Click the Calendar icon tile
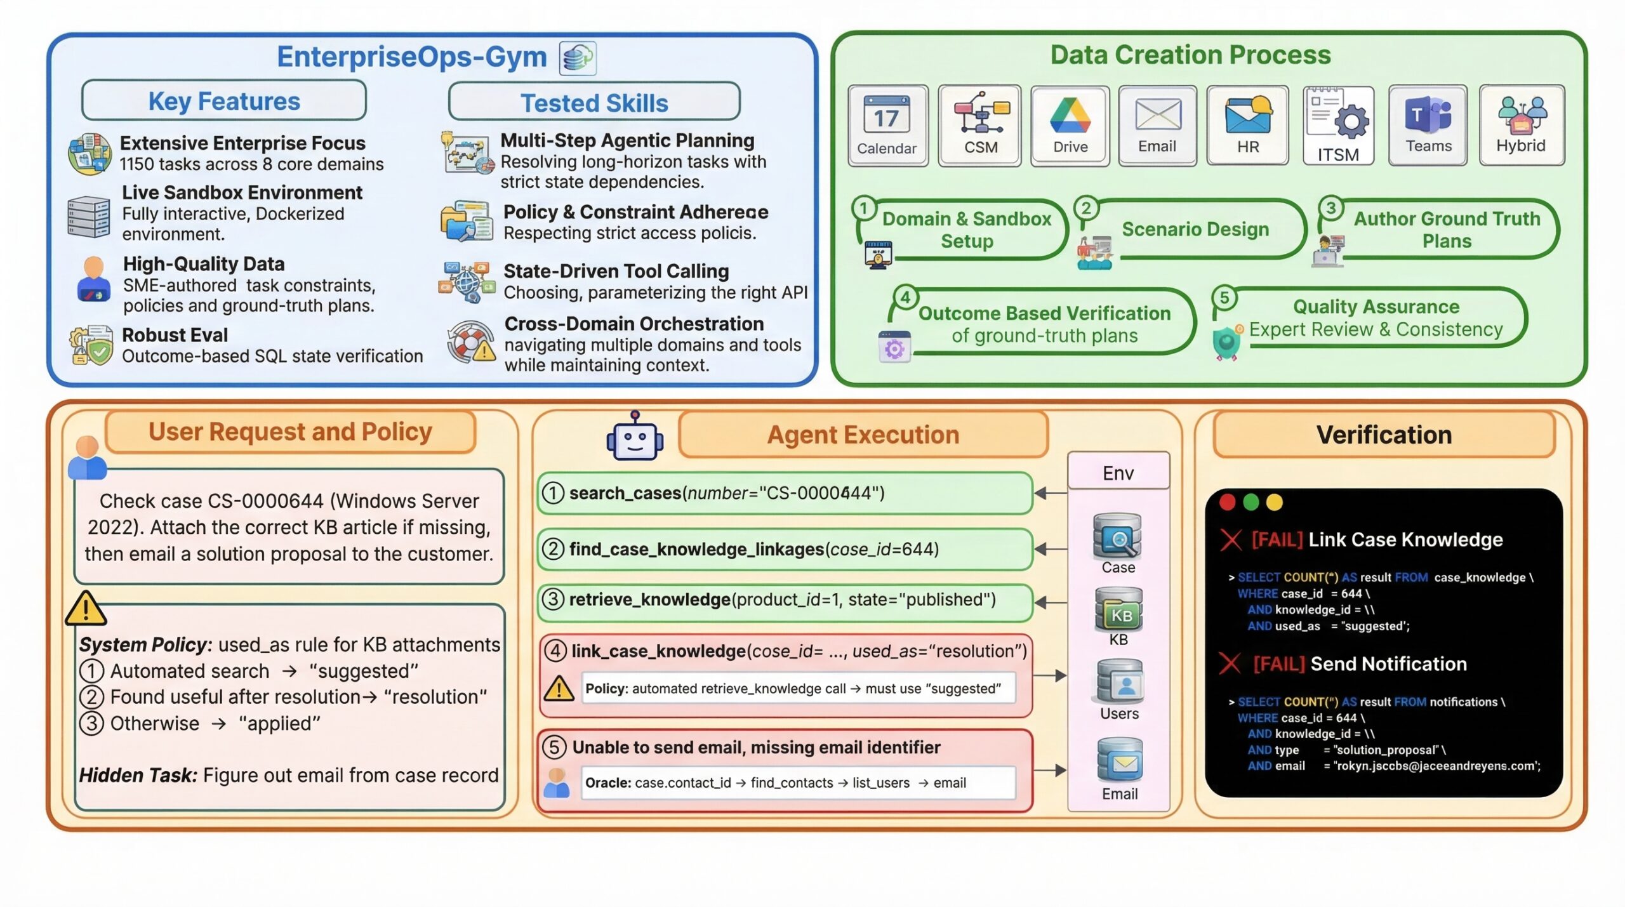(x=887, y=126)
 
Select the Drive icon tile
(x=1070, y=126)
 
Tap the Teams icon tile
(x=1428, y=126)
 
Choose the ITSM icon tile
(x=1338, y=126)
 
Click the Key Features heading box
(x=224, y=101)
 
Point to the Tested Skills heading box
(x=594, y=102)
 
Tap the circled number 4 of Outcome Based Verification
(x=905, y=297)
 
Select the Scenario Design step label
(x=1195, y=229)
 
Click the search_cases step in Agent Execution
(x=785, y=493)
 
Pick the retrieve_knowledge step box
(x=785, y=600)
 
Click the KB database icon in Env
(x=1118, y=609)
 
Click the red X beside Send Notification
(x=1230, y=664)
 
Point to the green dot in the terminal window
(x=1251, y=503)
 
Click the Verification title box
(x=1384, y=435)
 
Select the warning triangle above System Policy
(x=86, y=608)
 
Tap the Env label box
(x=1118, y=473)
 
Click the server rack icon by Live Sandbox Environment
(x=89, y=216)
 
